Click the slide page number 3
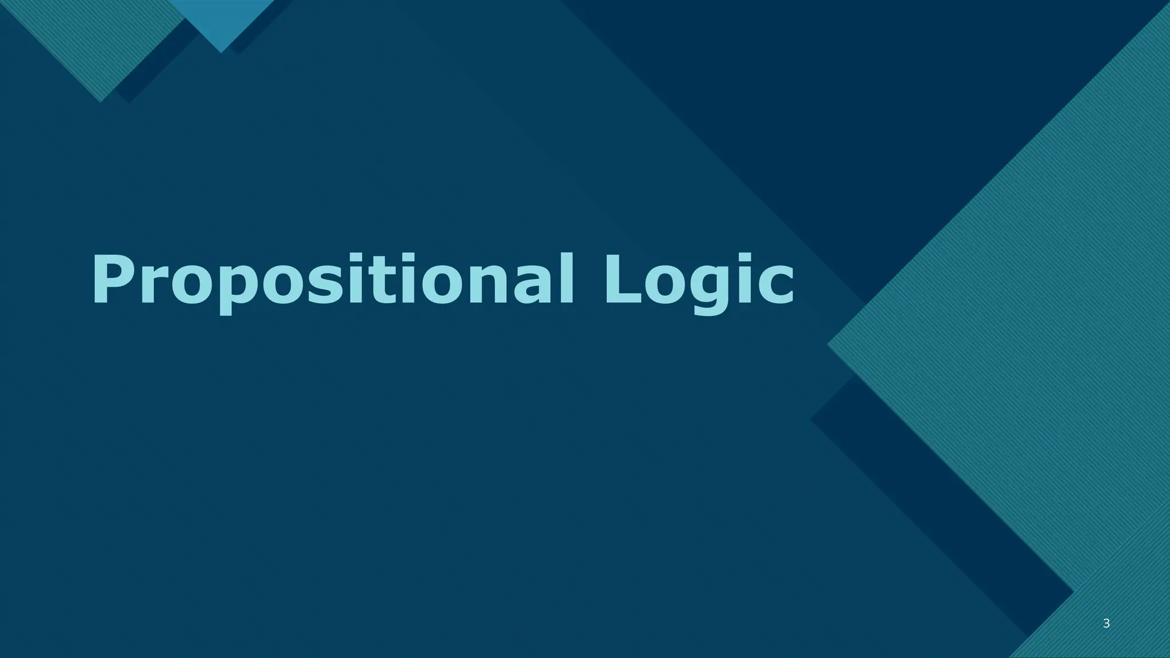(1106, 624)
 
